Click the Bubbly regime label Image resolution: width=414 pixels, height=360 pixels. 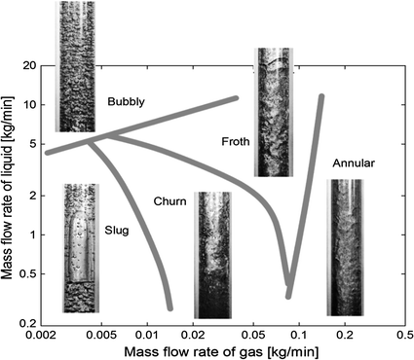[x=128, y=100]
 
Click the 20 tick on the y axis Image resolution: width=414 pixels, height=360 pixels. [x=29, y=65]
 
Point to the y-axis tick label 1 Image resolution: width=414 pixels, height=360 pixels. [x=32, y=234]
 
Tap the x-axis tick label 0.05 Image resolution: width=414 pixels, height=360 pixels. [x=253, y=336]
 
